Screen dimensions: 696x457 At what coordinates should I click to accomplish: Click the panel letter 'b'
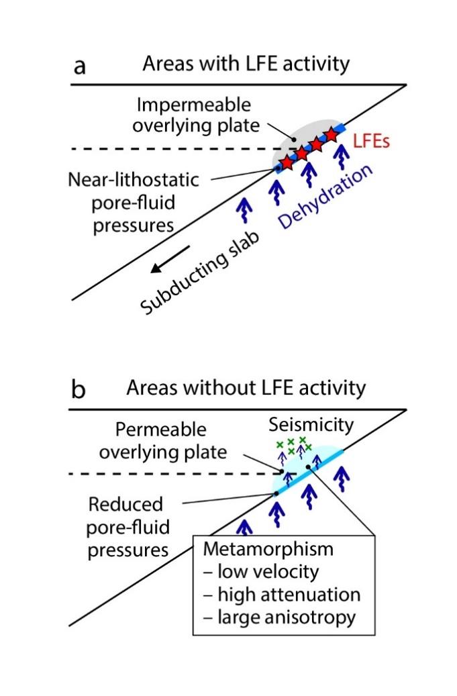click(x=79, y=390)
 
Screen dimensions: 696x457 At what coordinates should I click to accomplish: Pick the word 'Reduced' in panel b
click(x=128, y=504)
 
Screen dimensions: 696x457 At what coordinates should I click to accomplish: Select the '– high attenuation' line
click(x=282, y=595)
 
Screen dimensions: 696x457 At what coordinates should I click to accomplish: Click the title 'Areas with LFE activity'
click(x=246, y=65)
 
